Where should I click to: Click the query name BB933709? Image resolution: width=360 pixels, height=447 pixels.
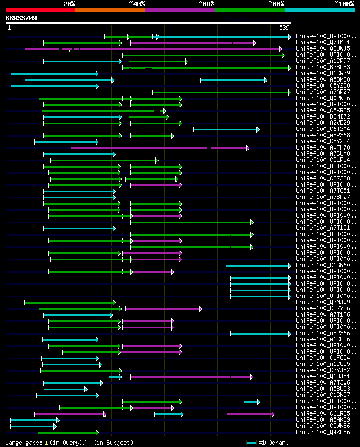tap(21, 18)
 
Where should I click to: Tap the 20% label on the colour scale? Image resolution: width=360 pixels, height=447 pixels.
tap(69, 4)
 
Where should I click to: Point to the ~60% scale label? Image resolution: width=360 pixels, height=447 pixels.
tap(206, 4)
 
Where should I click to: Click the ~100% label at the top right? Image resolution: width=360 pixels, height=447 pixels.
tap(344, 4)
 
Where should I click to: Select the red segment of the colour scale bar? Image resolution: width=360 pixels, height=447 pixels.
tap(40, 10)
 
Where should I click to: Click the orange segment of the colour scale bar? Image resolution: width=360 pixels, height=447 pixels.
tap(110, 10)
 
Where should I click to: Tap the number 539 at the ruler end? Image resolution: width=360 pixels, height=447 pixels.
tap(285, 28)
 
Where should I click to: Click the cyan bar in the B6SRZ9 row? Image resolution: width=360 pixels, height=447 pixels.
tap(54, 74)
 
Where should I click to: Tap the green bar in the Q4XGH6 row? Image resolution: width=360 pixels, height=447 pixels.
tap(67, 432)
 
